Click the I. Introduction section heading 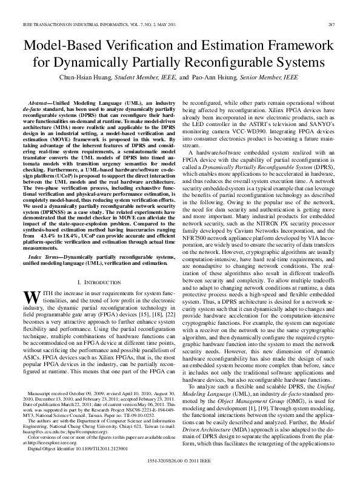point(97,283)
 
